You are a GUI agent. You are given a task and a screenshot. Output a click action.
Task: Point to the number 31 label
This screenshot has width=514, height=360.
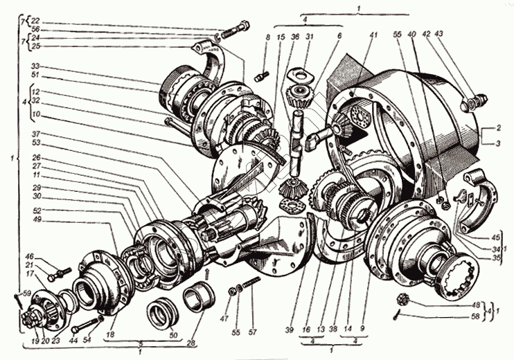click(x=310, y=36)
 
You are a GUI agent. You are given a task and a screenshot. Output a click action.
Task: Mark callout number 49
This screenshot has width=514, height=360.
click(x=36, y=220)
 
